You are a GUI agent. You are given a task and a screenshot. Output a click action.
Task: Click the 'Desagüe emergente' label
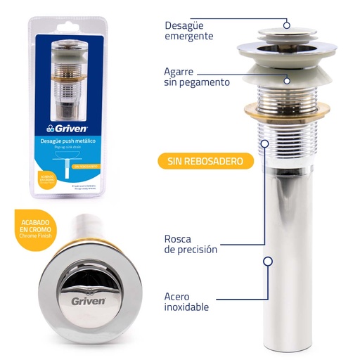point(188,30)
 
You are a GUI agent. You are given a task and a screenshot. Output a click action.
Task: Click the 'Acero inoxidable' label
point(186,301)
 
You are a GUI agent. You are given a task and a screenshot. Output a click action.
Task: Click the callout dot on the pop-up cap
point(287,25)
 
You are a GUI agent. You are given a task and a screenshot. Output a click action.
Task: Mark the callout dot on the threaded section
point(264,143)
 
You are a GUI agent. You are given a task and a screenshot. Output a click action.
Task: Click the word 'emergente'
point(188,35)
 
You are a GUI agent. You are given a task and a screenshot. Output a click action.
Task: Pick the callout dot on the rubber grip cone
point(287,80)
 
